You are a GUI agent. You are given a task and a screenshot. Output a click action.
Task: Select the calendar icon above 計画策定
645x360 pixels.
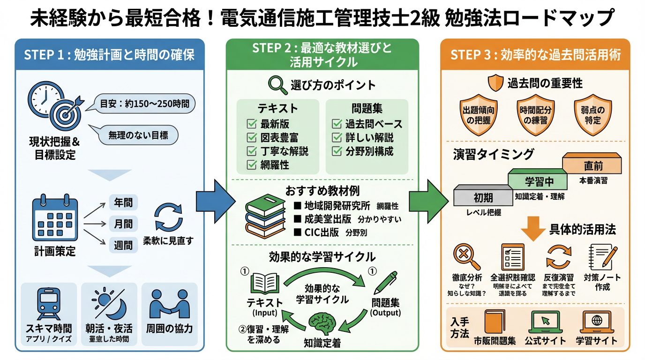pos(55,220)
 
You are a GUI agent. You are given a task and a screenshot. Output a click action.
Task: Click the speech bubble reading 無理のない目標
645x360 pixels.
pos(137,135)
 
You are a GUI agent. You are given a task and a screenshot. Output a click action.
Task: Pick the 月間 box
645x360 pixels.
pos(123,224)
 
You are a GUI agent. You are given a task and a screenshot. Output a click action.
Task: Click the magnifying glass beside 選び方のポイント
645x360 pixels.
pos(277,85)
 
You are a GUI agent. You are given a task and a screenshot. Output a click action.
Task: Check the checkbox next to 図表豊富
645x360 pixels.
pos(252,138)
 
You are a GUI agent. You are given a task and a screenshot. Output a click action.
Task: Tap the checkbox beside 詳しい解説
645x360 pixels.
pos(337,138)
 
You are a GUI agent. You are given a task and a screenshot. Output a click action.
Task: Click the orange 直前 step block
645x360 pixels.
pos(593,164)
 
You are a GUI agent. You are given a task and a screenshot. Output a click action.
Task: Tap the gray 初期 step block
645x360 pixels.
pos(483,196)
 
